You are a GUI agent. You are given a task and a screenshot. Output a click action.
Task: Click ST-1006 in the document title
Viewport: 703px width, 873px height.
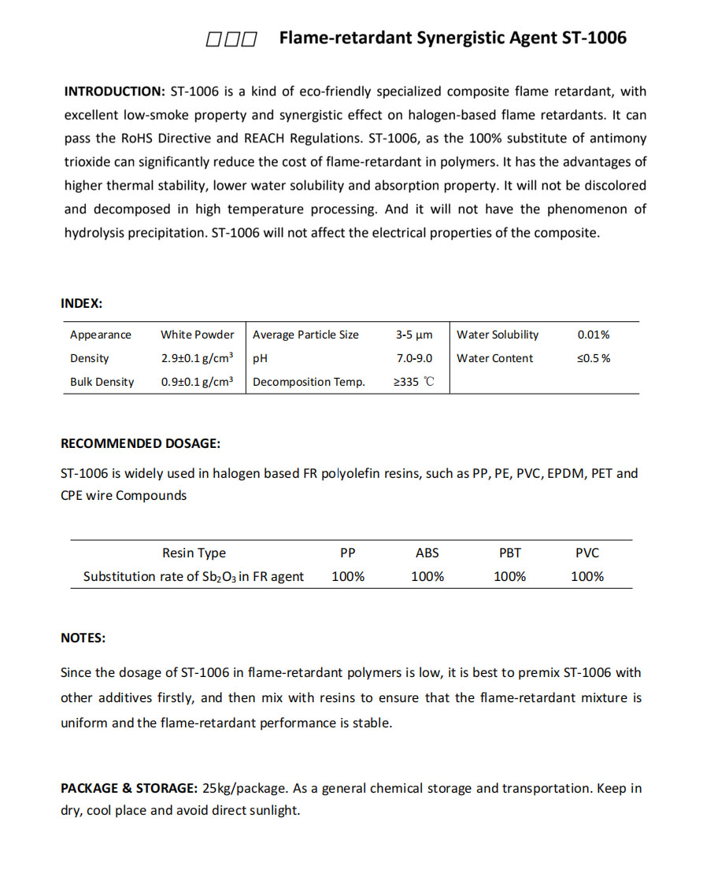(x=594, y=38)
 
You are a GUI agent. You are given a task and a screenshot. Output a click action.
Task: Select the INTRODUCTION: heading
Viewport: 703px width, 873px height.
(x=113, y=91)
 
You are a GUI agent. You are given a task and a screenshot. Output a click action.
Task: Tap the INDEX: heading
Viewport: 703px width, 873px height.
(x=81, y=303)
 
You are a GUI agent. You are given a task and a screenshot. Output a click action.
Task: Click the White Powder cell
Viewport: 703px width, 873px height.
(x=198, y=335)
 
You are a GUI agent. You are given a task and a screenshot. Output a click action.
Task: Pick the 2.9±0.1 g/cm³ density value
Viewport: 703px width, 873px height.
(x=198, y=358)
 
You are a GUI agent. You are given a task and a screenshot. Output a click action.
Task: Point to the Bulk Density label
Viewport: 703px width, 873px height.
(x=102, y=382)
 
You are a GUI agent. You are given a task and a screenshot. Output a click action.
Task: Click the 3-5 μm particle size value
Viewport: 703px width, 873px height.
(x=414, y=335)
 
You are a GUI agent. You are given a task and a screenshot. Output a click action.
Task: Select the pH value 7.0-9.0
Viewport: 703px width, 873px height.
(x=414, y=358)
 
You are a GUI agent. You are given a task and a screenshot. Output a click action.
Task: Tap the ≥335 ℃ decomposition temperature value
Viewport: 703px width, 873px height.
(x=414, y=382)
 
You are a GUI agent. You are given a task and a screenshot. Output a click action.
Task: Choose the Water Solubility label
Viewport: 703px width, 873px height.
(x=498, y=335)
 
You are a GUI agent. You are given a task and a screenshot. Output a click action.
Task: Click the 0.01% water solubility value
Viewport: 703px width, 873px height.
(x=594, y=335)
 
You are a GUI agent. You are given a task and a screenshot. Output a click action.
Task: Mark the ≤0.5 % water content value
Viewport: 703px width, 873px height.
(x=594, y=358)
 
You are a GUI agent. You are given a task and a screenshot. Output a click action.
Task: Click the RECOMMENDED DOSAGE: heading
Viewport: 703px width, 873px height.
(x=140, y=443)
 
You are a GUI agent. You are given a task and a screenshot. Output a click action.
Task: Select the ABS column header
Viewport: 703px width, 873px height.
(x=427, y=553)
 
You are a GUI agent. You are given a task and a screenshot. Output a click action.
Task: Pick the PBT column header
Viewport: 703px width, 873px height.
(x=509, y=553)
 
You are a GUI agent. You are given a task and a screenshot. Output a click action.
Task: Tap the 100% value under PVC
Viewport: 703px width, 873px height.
(x=587, y=576)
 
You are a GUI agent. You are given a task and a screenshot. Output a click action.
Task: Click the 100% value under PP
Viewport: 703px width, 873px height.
(x=348, y=576)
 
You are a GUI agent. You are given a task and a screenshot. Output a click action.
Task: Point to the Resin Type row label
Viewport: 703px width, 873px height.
(x=194, y=553)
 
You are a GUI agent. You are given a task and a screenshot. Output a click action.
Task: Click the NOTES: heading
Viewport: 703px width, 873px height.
(x=83, y=638)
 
